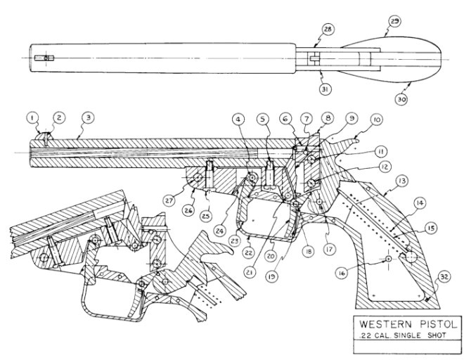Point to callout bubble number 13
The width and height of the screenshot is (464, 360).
coord(402,180)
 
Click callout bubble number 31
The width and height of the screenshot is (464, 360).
coord(326,89)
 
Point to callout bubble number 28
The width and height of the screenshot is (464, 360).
coord(327,30)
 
